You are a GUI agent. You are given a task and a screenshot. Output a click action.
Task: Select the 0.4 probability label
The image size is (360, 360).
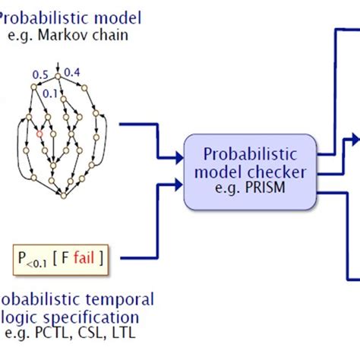click(73, 72)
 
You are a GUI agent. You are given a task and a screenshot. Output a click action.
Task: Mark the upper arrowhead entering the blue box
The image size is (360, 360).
click(180, 157)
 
